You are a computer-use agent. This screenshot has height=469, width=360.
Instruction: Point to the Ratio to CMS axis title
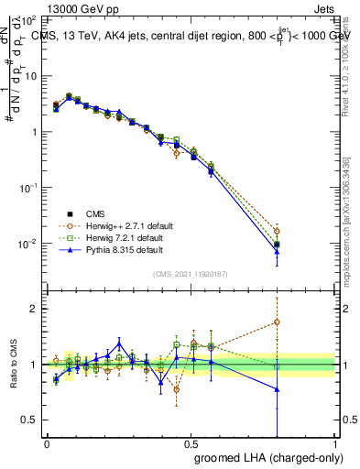click(x=14, y=364)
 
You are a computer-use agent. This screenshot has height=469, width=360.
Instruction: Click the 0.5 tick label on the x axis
click(x=191, y=442)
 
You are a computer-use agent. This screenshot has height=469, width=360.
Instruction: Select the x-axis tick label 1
click(x=334, y=442)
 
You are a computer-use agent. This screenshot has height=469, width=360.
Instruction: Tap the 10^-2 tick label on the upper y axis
click(x=29, y=244)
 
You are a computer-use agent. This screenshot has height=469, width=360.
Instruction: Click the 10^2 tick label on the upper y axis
click(x=30, y=19)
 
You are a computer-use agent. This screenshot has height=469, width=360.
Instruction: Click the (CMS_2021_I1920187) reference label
click(x=191, y=274)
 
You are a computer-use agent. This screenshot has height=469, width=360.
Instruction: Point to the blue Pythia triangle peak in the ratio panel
click(x=119, y=344)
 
